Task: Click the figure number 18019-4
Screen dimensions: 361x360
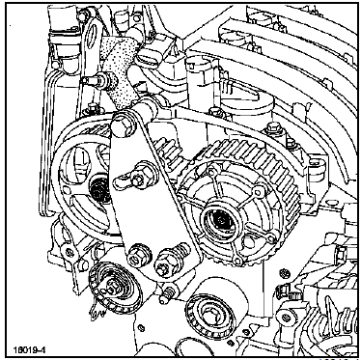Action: [29, 349]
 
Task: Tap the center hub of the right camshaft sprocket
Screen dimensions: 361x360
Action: [222, 220]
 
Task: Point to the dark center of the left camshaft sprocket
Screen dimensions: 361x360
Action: [99, 189]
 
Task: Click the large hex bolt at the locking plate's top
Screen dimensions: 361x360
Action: [124, 127]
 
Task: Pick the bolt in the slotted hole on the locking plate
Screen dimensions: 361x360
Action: [137, 178]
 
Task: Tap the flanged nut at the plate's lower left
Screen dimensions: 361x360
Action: [139, 255]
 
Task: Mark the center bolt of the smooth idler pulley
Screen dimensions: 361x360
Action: [209, 314]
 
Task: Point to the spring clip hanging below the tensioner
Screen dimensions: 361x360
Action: [96, 312]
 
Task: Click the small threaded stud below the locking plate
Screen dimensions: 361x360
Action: [168, 294]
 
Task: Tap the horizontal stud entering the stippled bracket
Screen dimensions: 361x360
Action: [98, 79]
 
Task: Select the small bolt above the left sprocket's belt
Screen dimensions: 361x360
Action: [93, 108]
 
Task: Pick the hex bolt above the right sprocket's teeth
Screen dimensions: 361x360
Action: [272, 130]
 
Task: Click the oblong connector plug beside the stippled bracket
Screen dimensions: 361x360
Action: [149, 58]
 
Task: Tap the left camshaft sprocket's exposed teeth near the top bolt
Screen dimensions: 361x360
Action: [97, 132]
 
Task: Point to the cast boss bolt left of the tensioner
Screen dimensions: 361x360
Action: [69, 252]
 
